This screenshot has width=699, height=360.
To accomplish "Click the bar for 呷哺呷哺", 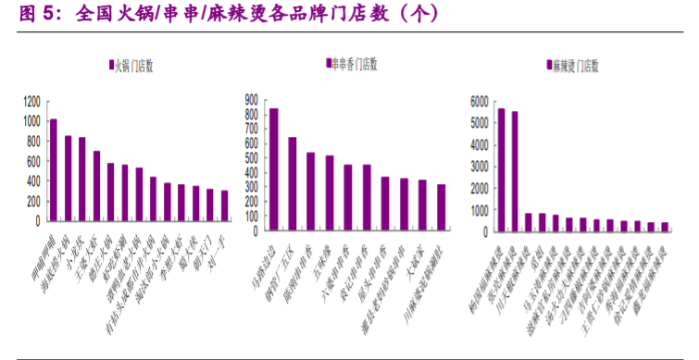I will point(54,170).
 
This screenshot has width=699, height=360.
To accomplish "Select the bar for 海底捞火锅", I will point(68,179).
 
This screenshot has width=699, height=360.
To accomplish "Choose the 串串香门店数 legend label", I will point(356,64).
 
